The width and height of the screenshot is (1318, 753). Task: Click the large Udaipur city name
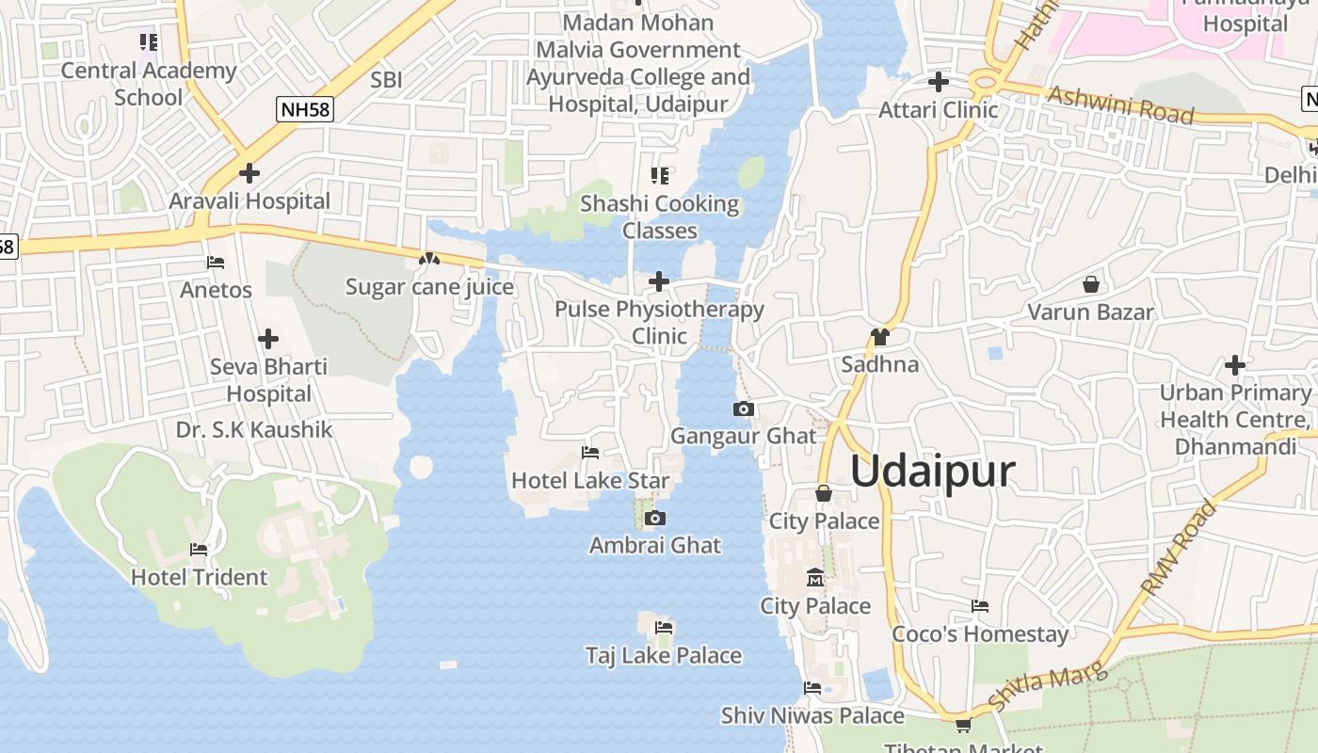[933, 471]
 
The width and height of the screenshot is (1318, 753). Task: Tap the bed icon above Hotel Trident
[199, 550]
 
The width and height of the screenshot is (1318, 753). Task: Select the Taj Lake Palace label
[663, 655]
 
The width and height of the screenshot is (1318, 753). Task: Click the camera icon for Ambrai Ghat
[655, 519]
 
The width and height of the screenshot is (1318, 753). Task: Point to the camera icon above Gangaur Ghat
[744, 409]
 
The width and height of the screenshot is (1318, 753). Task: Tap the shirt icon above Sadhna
[880, 337]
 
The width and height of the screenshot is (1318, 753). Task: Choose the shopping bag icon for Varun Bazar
[1090, 283]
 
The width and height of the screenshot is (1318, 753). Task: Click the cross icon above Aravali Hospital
[249, 173]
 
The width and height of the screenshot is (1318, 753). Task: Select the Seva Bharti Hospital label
[268, 380]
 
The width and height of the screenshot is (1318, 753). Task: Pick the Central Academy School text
[149, 84]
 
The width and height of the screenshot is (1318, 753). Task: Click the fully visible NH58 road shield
[306, 110]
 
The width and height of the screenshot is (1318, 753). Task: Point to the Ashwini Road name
[1120, 105]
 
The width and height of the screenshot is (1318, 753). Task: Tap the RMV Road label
[1178, 548]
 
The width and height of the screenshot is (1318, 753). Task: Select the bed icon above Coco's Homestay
[980, 606]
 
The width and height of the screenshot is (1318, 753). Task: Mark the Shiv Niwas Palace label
[812, 715]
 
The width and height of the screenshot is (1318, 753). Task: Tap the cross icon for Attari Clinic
[938, 82]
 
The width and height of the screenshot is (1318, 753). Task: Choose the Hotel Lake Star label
[590, 480]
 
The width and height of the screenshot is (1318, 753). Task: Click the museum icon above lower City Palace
[815, 577]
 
